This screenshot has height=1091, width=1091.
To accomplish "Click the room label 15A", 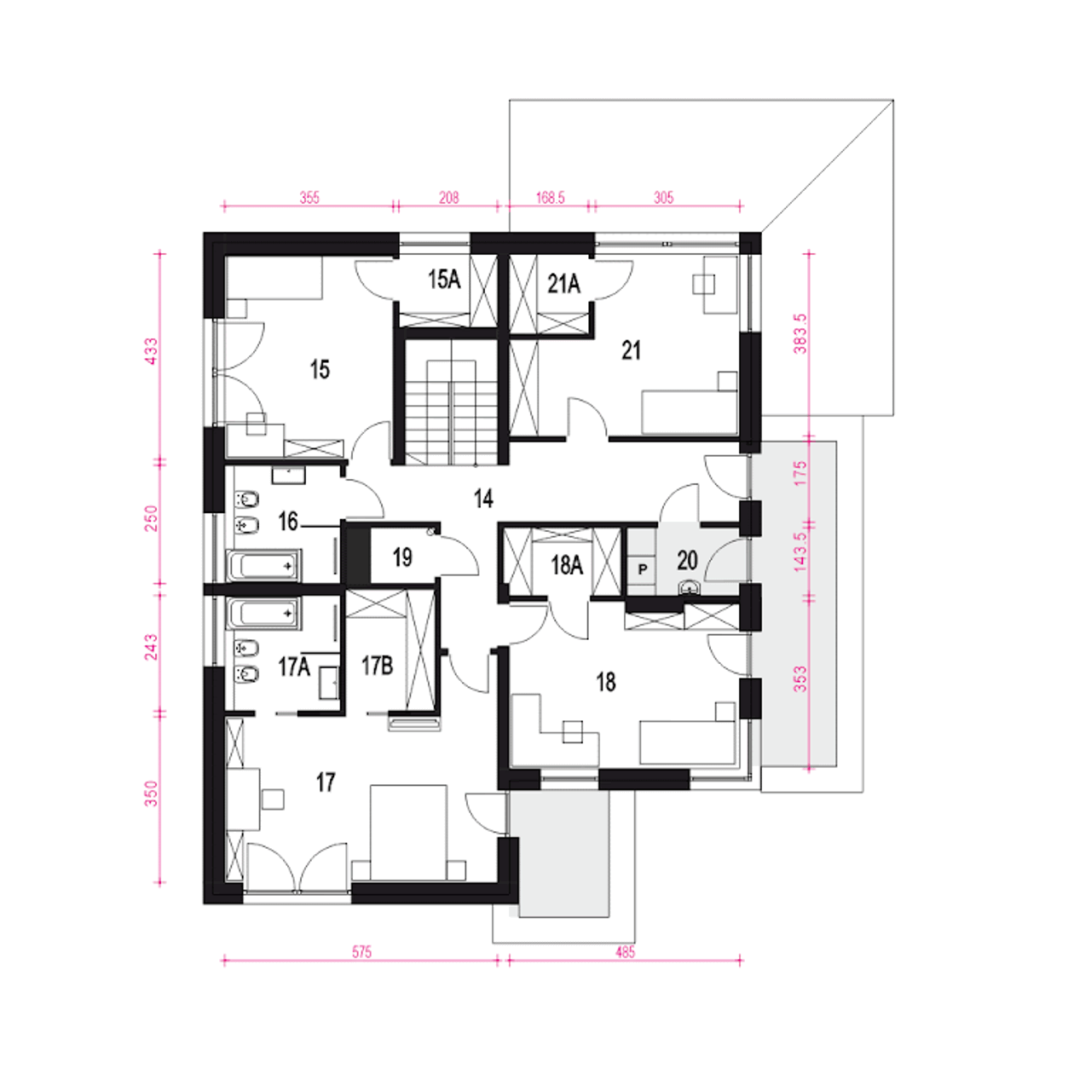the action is (444, 280).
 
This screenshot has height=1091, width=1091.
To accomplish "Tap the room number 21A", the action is (563, 283).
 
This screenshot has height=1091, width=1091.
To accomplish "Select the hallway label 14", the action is (483, 499).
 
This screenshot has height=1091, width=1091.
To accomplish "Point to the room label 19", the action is (402, 557).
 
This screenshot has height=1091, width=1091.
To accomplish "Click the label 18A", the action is (567, 565).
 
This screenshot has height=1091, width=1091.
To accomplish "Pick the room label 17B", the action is (377, 666).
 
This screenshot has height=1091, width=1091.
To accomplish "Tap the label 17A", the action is (294, 667).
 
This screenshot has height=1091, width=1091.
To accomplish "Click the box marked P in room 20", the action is (642, 569).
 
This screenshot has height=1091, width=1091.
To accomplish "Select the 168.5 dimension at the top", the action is (550, 198).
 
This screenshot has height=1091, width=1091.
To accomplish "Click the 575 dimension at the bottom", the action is (361, 952).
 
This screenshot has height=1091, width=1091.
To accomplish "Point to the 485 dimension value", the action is (625, 952).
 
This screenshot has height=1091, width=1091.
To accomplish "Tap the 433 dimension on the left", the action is (153, 350).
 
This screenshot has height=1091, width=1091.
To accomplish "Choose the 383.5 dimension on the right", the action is (800, 333).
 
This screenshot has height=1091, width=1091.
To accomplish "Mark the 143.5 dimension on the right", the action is (800, 551).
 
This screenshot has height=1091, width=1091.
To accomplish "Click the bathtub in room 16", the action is (264, 565).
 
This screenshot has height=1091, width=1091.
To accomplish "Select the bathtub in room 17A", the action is (264, 613).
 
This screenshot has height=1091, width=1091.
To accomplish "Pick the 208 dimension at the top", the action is (448, 198).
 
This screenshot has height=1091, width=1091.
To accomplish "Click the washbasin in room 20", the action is (689, 587).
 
